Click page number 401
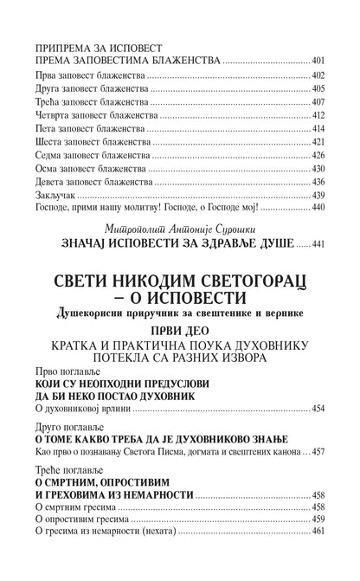(318, 62)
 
